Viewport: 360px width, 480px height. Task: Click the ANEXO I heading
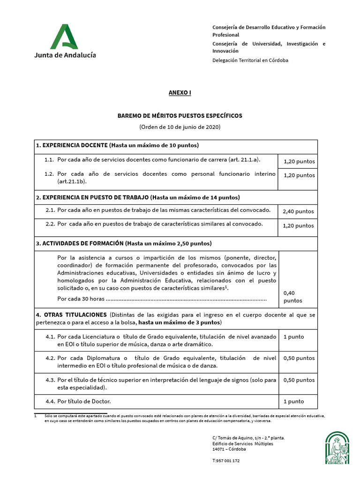pyautogui.click(x=180, y=93)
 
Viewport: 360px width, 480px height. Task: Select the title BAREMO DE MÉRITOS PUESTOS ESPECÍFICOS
pyautogui.click(x=180, y=115)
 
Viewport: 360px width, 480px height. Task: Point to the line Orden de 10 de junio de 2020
pyautogui.click(x=180, y=127)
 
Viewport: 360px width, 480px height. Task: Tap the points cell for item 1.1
pyautogui.click(x=299, y=162)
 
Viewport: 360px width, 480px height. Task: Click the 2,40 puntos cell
pyautogui.click(x=298, y=211)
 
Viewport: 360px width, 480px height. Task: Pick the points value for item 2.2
pyautogui.click(x=298, y=225)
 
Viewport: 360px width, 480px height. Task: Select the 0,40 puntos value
pyautogui.click(x=293, y=297)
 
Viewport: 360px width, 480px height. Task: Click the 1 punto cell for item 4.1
pyautogui.click(x=294, y=337)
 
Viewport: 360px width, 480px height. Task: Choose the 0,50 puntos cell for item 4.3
pyautogui.click(x=299, y=380)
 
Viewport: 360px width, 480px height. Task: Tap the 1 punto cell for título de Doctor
pyautogui.click(x=294, y=401)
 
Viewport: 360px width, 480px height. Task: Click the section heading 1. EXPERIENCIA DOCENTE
pyautogui.click(x=72, y=145)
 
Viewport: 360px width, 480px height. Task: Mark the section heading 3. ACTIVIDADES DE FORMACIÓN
pyautogui.click(x=80, y=243)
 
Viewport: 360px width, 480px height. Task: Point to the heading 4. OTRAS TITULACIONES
pyautogui.click(x=71, y=314)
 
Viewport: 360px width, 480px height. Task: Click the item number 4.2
pyautogui.click(x=50, y=358)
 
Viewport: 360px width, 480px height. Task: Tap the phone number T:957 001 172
pyautogui.click(x=226, y=461)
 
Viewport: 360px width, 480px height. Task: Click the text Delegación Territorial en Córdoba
pyautogui.click(x=250, y=60)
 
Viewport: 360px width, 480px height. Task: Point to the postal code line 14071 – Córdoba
pyautogui.click(x=229, y=449)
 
